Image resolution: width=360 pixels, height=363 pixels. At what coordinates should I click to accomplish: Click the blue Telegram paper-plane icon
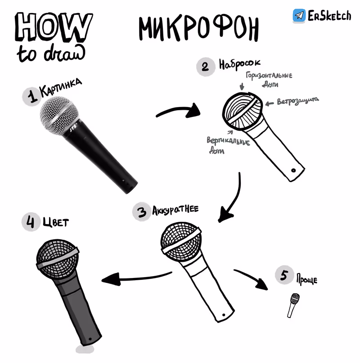point(299,15)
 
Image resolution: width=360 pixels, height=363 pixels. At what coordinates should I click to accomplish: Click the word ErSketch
point(329,15)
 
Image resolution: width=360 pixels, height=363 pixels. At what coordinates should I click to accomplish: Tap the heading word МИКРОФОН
point(198,28)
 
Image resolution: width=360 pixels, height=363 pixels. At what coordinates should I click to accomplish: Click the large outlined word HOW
point(54,27)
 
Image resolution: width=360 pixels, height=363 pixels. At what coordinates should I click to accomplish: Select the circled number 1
point(32,97)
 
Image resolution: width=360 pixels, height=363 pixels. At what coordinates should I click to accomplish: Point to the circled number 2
point(206,67)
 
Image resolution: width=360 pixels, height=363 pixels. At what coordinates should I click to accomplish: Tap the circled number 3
point(142,211)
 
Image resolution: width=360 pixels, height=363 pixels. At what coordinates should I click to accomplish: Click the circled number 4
point(31,222)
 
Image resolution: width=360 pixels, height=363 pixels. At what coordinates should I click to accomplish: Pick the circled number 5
point(284,275)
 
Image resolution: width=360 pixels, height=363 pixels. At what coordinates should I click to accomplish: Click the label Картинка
point(61,88)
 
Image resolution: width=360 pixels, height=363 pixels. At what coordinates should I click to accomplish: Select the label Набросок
point(240,64)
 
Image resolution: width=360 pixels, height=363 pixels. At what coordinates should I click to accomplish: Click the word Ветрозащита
point(298,101)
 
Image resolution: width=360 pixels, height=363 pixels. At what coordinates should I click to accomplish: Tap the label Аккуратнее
point(175,210)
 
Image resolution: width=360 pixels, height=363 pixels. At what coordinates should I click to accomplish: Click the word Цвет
point(56,222)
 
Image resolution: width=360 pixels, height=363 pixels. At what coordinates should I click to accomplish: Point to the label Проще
point(307,279)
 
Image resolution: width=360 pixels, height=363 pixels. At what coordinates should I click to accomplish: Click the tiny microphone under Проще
point(293,305)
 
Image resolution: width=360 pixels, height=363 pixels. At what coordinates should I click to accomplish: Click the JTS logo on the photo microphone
point(73,128)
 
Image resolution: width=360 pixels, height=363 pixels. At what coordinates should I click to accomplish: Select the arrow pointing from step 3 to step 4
point(137,278)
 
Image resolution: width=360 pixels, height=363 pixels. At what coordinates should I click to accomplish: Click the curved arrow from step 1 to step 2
point(177,109)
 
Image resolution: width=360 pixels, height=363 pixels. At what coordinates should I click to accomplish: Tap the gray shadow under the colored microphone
point(85,349)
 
